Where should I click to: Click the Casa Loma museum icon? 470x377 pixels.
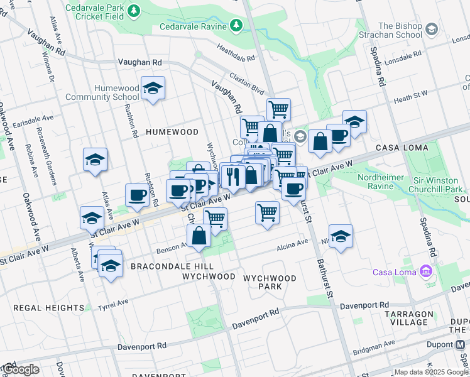(427, 271)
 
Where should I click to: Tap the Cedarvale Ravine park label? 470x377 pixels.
(192, 26)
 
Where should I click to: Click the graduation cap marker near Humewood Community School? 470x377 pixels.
(152, 89)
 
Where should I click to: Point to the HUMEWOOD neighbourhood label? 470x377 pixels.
(172, 132)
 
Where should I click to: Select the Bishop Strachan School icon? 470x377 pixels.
(431, 30)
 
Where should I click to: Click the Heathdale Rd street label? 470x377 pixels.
(236, 53)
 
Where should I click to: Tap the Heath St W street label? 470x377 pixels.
(410, 96)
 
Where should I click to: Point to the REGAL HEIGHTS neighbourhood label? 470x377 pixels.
(40, 307)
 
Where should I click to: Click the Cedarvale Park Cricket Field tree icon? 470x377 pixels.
(133, 11)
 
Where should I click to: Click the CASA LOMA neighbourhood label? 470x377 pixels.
(402, 148)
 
